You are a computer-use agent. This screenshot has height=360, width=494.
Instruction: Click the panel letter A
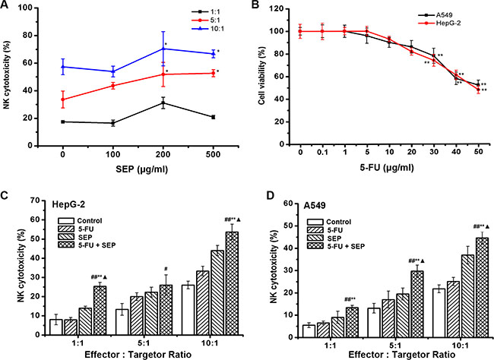[6, 7]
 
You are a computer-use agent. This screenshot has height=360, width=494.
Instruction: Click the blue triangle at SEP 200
[163, 49]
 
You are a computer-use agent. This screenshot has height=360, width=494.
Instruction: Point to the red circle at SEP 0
[62, 99]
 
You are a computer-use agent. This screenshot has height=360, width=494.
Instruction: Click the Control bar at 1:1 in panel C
[56, 327]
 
